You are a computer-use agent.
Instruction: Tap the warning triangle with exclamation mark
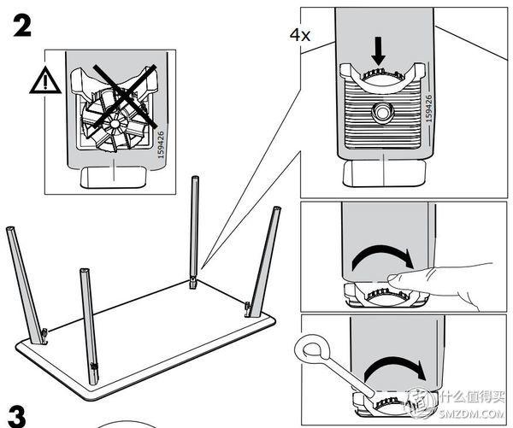click(x=43, y=81)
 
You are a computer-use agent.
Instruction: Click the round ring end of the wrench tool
click(x=311, y=348)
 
